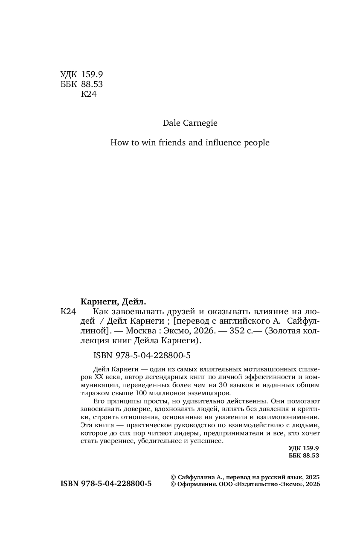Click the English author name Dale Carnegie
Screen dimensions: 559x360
tap(190, 123)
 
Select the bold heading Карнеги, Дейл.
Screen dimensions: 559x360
tap(113, 301)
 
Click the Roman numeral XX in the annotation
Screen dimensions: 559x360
tap(99, 377)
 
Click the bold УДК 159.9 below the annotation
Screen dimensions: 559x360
tap(304, 448)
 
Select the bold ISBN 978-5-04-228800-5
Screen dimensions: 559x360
tap(106, 484)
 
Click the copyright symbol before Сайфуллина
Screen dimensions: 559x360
tap(173, 478)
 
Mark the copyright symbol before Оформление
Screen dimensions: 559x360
tap(173, 484)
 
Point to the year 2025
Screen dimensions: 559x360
tap(312, 478)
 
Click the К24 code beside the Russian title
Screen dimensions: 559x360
tap(68, 312)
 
